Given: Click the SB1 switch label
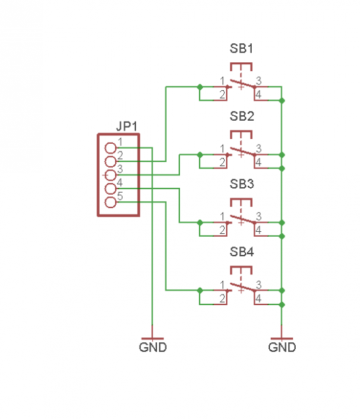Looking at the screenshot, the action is (241, 48).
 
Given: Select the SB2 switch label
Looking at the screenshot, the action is (241, 116).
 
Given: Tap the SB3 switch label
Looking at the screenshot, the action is (241, 184).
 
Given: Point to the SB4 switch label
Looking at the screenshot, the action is (241, 251).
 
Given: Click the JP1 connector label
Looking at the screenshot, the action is (127, 126).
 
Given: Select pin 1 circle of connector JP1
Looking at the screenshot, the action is (110, 148).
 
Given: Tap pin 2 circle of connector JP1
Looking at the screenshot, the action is (110, 161).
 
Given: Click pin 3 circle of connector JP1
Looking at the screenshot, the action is (110, 175).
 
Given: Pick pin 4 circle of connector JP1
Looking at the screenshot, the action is (110, 189).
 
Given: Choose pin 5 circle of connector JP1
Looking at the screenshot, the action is (110, 203).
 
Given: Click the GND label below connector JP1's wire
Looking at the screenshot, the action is (153, 347).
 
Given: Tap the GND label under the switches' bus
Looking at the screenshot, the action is (282, 347).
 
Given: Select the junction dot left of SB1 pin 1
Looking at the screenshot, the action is (200, 87).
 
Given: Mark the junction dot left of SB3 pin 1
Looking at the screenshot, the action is (200, 222).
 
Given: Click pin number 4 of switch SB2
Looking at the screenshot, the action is (258, 162).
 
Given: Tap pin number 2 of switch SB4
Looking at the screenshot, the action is (222, 298).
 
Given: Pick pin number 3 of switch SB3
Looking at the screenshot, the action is (259, 216).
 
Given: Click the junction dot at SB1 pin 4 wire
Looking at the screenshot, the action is (282, 101).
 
